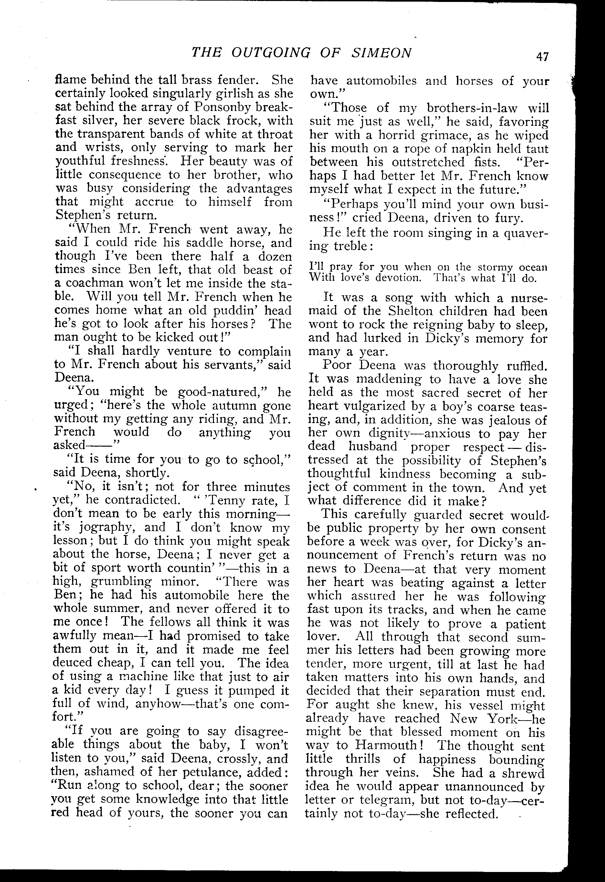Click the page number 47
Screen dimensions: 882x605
pos(542,57)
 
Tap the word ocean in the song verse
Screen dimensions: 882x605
pos(535,267)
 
